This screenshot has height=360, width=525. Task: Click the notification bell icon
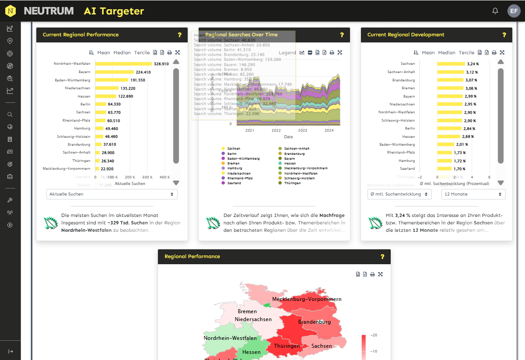click(x=495, y=11)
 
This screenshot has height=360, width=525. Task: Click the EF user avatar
click(x=514, y=11)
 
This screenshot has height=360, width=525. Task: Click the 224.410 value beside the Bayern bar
click(x=143, y=72)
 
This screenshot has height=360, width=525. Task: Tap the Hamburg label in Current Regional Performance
click(x=82, y=129)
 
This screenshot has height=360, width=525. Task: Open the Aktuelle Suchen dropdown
click(x=112, y=194)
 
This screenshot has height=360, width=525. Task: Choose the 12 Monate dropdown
click(x=473, y=194)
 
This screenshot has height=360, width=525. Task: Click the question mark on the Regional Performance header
click(x=382, y=257)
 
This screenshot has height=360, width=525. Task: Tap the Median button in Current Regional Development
click(x=446, y=52)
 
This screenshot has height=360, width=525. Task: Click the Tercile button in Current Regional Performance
click(x=142, y=52)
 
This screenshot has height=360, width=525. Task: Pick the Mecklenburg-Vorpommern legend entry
click(x=305, y=168)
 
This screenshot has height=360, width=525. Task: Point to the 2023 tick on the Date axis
click(x=303, y=130)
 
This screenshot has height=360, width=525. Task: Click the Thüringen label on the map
click(x=287, y=346)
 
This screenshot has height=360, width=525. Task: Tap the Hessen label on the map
click(x=251, y=352)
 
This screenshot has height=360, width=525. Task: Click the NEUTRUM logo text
click(x=49, y=11)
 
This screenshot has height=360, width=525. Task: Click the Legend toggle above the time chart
click(x=287, y=52)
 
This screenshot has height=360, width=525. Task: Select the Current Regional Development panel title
click(x=406, y=35)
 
